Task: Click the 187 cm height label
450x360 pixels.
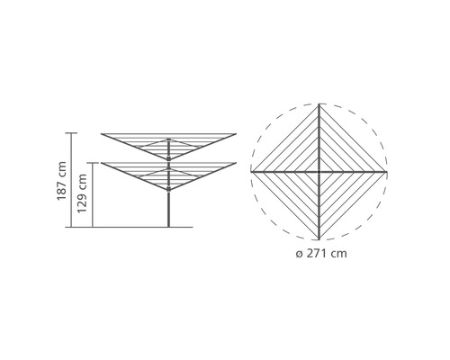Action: point(61,181)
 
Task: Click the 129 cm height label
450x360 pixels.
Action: point(82,193)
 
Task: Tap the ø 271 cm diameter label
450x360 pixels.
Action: point(321,254)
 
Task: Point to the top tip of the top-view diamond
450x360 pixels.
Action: point(319,104)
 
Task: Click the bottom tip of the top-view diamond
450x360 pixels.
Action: point(319,239)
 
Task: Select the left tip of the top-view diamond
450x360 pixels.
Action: point(251,172)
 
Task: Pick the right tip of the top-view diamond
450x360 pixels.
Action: point(386,172)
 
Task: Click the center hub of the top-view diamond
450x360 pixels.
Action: point(319,172)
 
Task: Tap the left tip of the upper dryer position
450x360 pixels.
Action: point(102,134)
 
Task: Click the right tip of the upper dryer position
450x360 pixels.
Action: point(236,134)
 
